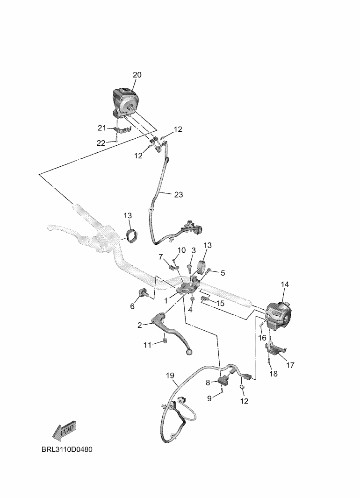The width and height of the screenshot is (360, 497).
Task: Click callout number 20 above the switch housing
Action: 137,75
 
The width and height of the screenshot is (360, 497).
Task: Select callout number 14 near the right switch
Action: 285,284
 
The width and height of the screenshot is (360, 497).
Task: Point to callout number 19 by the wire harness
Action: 170,376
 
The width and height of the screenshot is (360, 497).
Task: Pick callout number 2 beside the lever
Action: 139,325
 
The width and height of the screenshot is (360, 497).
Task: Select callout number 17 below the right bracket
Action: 290,365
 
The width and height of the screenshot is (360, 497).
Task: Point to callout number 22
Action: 101,143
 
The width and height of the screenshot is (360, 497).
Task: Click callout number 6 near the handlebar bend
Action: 132,306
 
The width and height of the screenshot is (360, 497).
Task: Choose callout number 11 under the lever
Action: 147,345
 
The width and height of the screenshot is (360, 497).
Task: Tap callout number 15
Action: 219,304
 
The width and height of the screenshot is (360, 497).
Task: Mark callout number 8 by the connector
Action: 208,382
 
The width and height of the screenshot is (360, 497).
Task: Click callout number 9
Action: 210,398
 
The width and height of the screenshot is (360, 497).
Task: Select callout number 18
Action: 274,374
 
